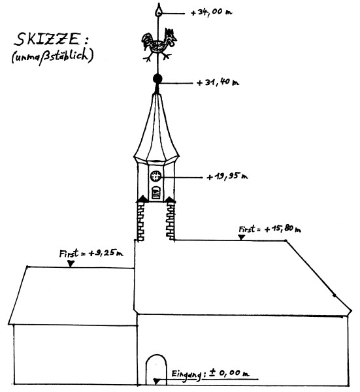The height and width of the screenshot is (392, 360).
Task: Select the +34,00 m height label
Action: (212, 12)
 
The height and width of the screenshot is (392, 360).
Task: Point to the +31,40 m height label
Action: (218, 82)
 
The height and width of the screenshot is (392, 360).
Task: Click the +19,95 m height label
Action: (227, 176)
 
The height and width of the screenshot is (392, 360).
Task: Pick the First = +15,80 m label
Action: (270, 229)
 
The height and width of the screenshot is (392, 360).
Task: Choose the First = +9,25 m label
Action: (91, 253)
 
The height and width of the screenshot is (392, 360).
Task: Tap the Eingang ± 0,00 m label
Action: (210, 374)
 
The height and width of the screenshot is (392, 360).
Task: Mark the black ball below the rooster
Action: (157, 79)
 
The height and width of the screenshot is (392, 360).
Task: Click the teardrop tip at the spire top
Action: (159, 12)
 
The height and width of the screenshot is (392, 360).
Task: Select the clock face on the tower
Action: (155, 176)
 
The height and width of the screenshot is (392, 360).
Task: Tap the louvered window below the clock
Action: (155, 193)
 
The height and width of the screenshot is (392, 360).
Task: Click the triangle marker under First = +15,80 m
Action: (241, 237)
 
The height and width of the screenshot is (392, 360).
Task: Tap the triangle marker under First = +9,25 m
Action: (71, 263)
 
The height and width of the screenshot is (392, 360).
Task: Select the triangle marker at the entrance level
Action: (156, 382)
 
